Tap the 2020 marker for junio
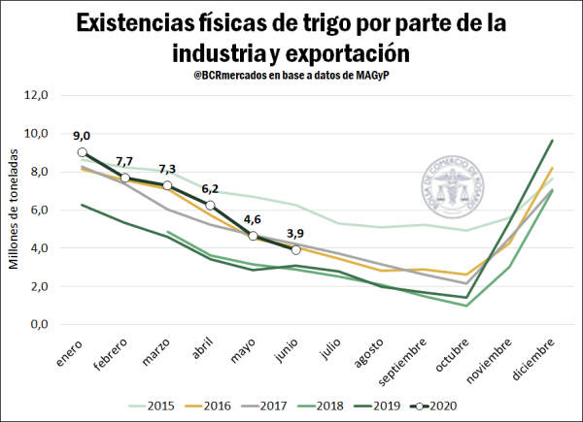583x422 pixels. (x=295, y=249)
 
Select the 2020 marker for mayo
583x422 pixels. (x=253, y=236)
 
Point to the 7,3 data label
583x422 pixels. (x=167, y=169)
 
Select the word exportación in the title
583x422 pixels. (x=339, y=51)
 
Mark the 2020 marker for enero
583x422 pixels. (x=83, y=152)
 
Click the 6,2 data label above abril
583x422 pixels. (x=210, y=189)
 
